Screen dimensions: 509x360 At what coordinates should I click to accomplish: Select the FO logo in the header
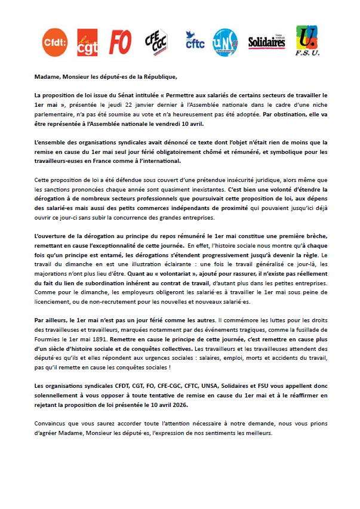[121, 42]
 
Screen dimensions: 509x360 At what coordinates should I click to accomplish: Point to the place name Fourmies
[50, 338]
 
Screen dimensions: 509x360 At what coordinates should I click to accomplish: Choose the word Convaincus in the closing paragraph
[51, 424]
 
